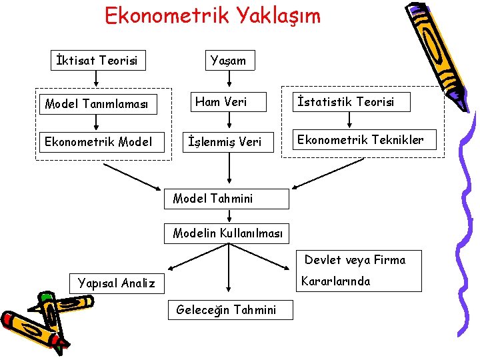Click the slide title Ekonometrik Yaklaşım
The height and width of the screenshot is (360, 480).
click(213, 15)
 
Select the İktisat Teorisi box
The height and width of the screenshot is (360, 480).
click(97, 61)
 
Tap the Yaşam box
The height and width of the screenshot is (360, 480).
click(228, 61)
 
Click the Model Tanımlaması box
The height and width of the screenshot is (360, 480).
click(97, 103)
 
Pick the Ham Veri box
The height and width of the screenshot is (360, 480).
click(229, 102)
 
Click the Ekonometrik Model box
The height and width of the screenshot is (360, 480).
click(98, 141)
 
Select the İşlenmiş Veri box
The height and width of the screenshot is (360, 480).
click(229, 141)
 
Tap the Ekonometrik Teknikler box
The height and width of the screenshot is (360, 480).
click(360, 140)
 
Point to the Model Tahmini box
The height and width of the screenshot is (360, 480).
click(227, 199)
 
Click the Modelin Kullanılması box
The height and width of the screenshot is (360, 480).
click(227, 233)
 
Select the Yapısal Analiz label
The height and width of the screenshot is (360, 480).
click(116, 283)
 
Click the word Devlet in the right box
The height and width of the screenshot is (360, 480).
click(323, 260)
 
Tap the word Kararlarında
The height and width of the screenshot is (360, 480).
click(335, 281)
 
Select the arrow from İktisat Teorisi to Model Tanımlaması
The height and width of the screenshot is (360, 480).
click(97, 80)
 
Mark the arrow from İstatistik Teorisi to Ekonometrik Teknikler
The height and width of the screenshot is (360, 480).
click(352, 119)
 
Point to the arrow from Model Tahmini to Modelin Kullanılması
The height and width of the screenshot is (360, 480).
click(229, 216)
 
